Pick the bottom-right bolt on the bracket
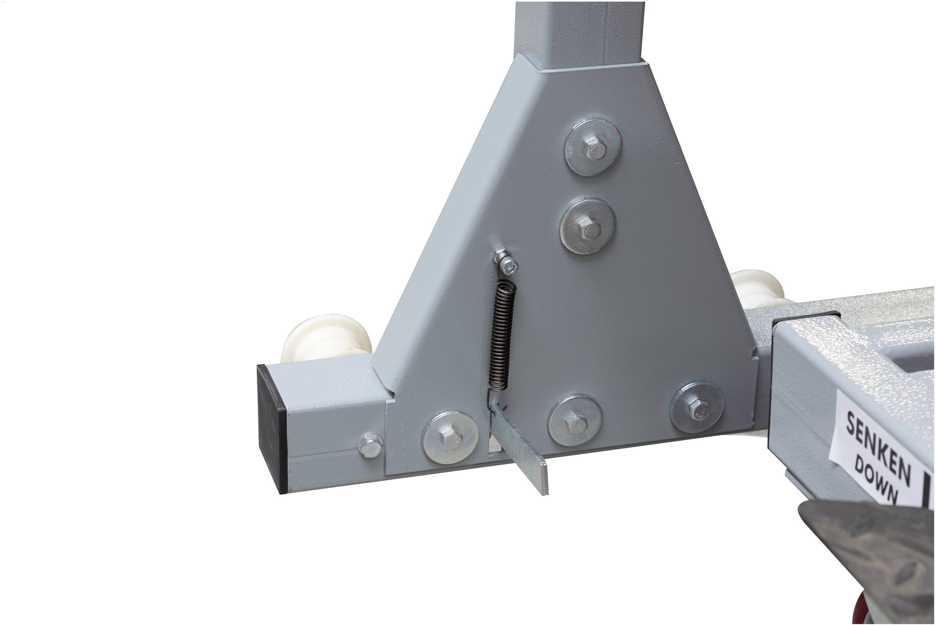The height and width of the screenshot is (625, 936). tap(697, 407)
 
